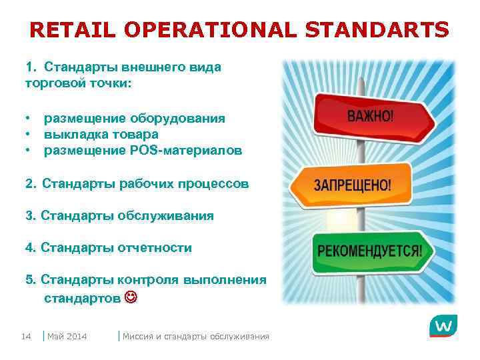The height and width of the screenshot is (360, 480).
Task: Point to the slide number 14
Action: pos(27,336)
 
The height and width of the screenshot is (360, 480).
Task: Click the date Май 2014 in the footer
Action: pos(67,336)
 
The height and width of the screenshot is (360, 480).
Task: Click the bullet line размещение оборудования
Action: pos(134,118)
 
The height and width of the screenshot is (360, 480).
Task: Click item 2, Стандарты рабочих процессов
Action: pos(137,183)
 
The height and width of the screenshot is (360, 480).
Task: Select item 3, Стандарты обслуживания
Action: pos(119,215)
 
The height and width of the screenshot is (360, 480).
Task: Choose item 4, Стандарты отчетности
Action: pos(109,248)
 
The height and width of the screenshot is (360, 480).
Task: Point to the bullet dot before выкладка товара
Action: pos(29,134)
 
